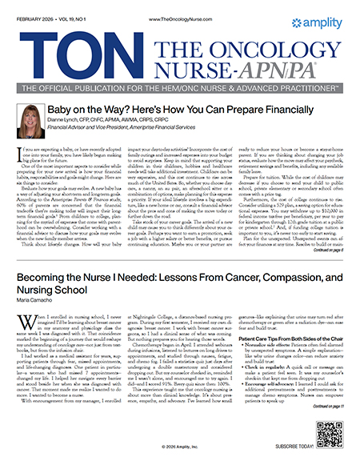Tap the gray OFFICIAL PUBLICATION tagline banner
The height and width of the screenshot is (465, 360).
pos(179,86)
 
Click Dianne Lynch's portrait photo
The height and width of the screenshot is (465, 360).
pos(32,118)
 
